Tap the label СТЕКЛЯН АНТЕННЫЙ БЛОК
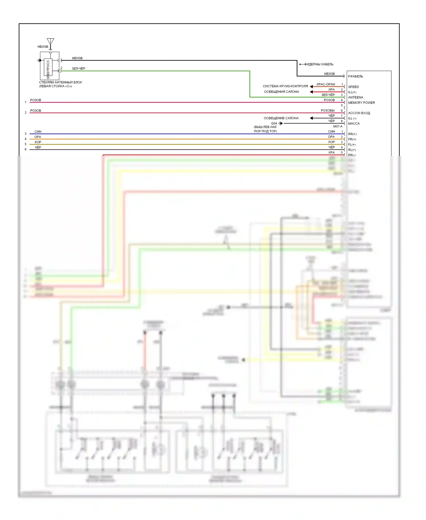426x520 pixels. pos(60,82)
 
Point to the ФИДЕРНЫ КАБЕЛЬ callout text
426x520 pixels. pos(319,64)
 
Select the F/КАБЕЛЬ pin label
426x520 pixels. pos(356,76)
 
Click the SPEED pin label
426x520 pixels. pos(354,87)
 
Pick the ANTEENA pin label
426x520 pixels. pos(356,97)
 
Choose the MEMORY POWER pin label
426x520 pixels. pos(362,103)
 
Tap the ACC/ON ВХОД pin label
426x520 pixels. pos(359,113)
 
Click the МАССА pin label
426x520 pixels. pos(354,123)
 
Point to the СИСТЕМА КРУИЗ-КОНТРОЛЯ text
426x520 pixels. pos(285,86)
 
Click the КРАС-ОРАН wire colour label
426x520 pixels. pos(326,84)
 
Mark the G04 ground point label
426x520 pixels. pos(274,123)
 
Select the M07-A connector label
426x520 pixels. pos(338,126)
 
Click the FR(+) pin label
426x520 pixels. pos(352,139)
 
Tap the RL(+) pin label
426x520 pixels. pos(352,150)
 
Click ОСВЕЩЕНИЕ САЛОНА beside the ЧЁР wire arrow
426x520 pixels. pos(281,118)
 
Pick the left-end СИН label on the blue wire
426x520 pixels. pos(38,132)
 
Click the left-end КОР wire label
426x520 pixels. pos(38,142)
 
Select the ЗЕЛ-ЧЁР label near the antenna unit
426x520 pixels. pos(78,69)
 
